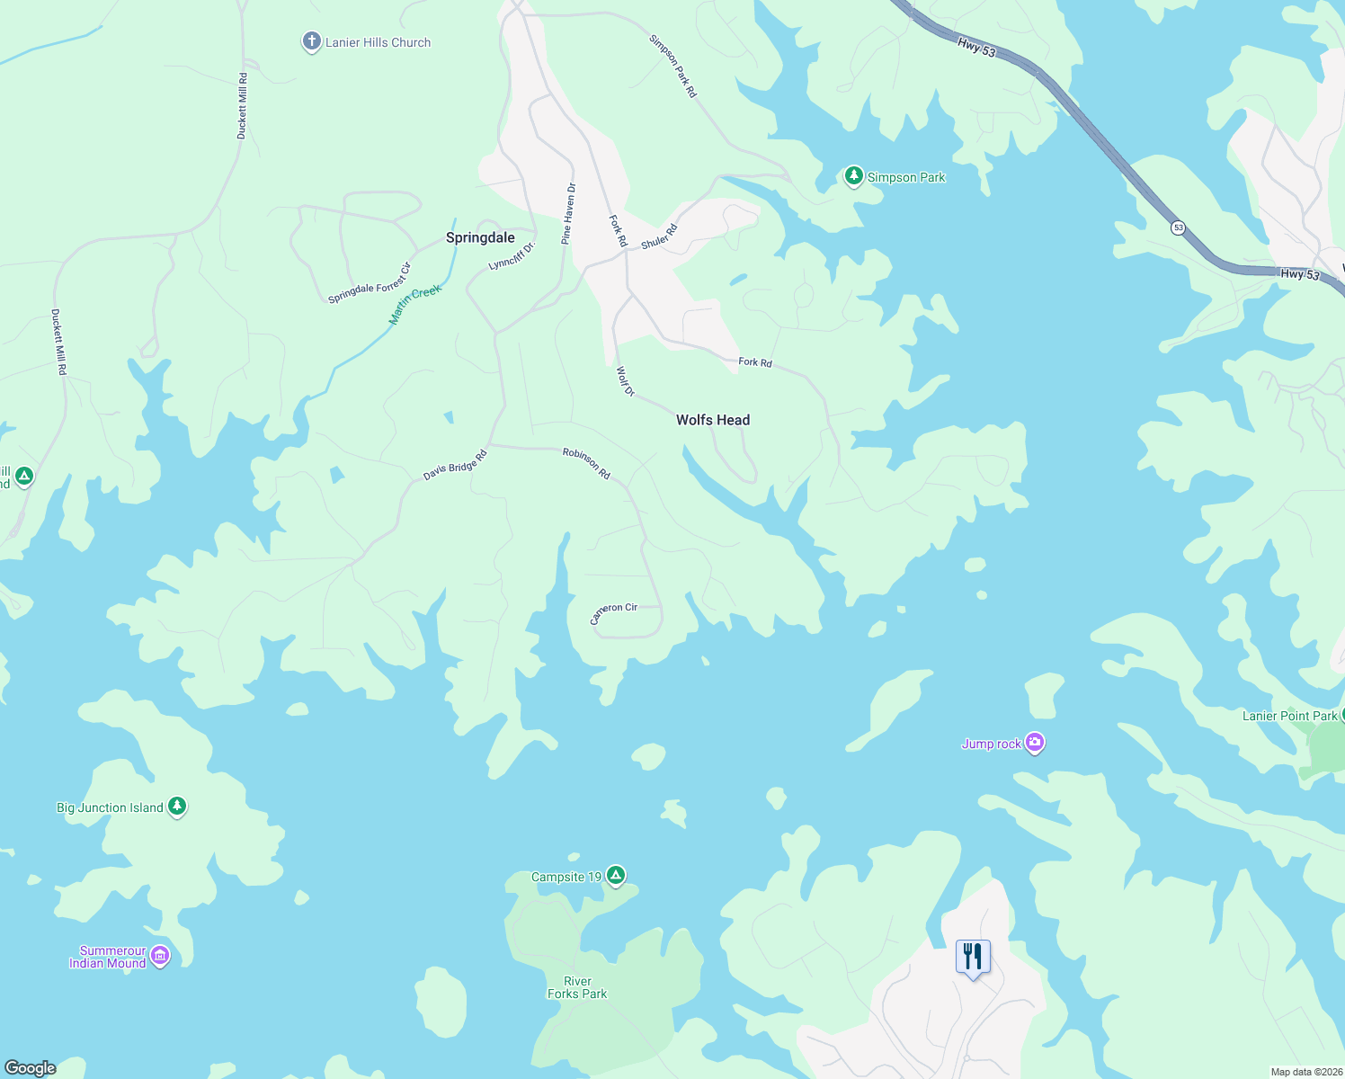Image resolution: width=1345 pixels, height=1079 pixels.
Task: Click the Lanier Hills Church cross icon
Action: (x=311, y=41)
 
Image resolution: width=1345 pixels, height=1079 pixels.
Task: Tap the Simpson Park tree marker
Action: (x=853, y=176)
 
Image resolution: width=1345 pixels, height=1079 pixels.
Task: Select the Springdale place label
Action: (x=480, y=237)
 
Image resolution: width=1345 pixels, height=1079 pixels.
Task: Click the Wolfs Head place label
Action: (x=712, y=420)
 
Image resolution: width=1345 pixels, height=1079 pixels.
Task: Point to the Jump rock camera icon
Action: (x=1035, y=743)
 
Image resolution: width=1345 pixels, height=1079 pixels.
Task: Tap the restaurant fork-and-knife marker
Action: (x=972, y=957)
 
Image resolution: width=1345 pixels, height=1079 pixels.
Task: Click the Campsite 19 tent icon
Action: (x=615, y=875)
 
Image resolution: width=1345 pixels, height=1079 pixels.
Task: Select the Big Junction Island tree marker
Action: (x=177, y=807)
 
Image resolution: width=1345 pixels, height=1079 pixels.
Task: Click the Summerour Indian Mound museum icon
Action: (x=160, y=955)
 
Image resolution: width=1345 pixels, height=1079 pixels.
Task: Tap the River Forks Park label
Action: (x=577, y=987)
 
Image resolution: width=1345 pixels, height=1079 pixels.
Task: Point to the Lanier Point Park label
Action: (x=1289, y=716)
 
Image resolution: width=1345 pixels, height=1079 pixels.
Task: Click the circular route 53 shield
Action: (x=1178, y=228)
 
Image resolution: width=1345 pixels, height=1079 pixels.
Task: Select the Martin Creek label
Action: (x=415, y=305)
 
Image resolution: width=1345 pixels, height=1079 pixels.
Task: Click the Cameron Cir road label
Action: (x=613, y=612)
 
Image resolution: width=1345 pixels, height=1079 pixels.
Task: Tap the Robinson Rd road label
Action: (x=586, y=463)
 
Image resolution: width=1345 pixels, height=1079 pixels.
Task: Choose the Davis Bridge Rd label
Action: (x=455, y=465)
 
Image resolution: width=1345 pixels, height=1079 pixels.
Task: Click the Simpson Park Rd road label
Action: (x=672, y=67)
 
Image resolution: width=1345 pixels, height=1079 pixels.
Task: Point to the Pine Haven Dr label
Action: (x=568, y=214)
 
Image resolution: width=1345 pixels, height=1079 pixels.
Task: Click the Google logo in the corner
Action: (x=30, y=1068)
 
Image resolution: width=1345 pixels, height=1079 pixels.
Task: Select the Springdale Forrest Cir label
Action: (x=370, y=283)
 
